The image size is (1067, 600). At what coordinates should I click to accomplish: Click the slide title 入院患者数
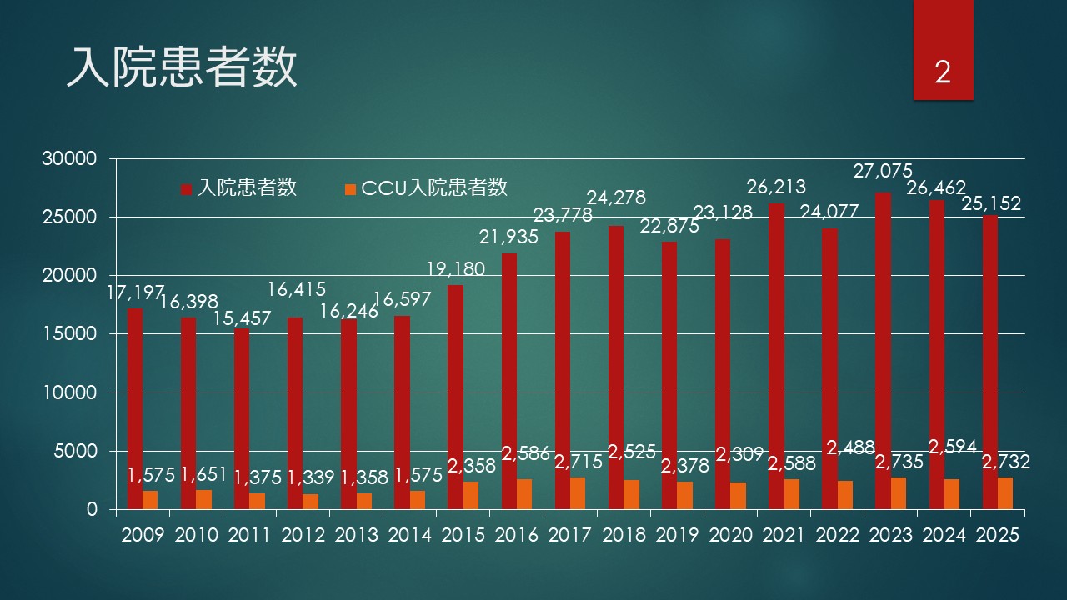pyautogui.click(x=182, y=68)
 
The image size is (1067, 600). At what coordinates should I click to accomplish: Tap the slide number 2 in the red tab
pyautogui.click(x=943, y=73)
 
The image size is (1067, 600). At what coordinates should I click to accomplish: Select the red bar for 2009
pyautogui.click(x=135, y=408)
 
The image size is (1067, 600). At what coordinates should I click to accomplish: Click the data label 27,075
pyautogui.click(x=883, y=172)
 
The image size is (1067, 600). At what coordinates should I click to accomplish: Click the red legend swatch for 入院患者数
pyautogui.click(x=187, y=189)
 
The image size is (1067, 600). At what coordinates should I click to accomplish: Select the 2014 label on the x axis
pyautogui.click(x=409, y=535)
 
